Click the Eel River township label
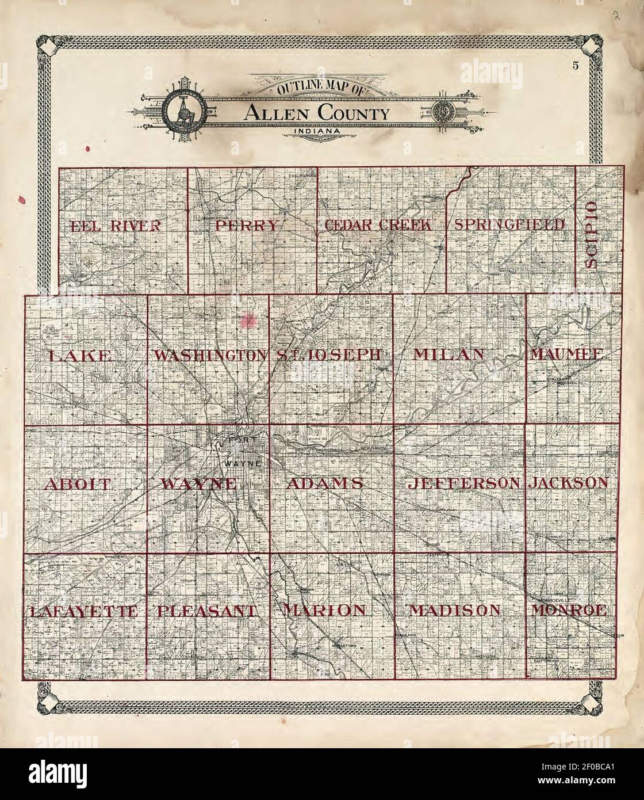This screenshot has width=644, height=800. click(116, 226)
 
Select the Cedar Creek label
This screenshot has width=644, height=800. click(378, 225)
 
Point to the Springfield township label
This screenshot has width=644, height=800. click(509, 224)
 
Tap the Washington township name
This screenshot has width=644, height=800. click(209, 355)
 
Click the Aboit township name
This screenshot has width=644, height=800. click(77, 484)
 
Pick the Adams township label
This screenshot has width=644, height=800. click(324, 483)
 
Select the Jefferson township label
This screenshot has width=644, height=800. click(463, 483)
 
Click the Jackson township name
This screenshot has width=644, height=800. click(568, 482)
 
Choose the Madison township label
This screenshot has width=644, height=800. click(455, 611)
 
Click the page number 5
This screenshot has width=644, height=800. click(575, 65)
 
